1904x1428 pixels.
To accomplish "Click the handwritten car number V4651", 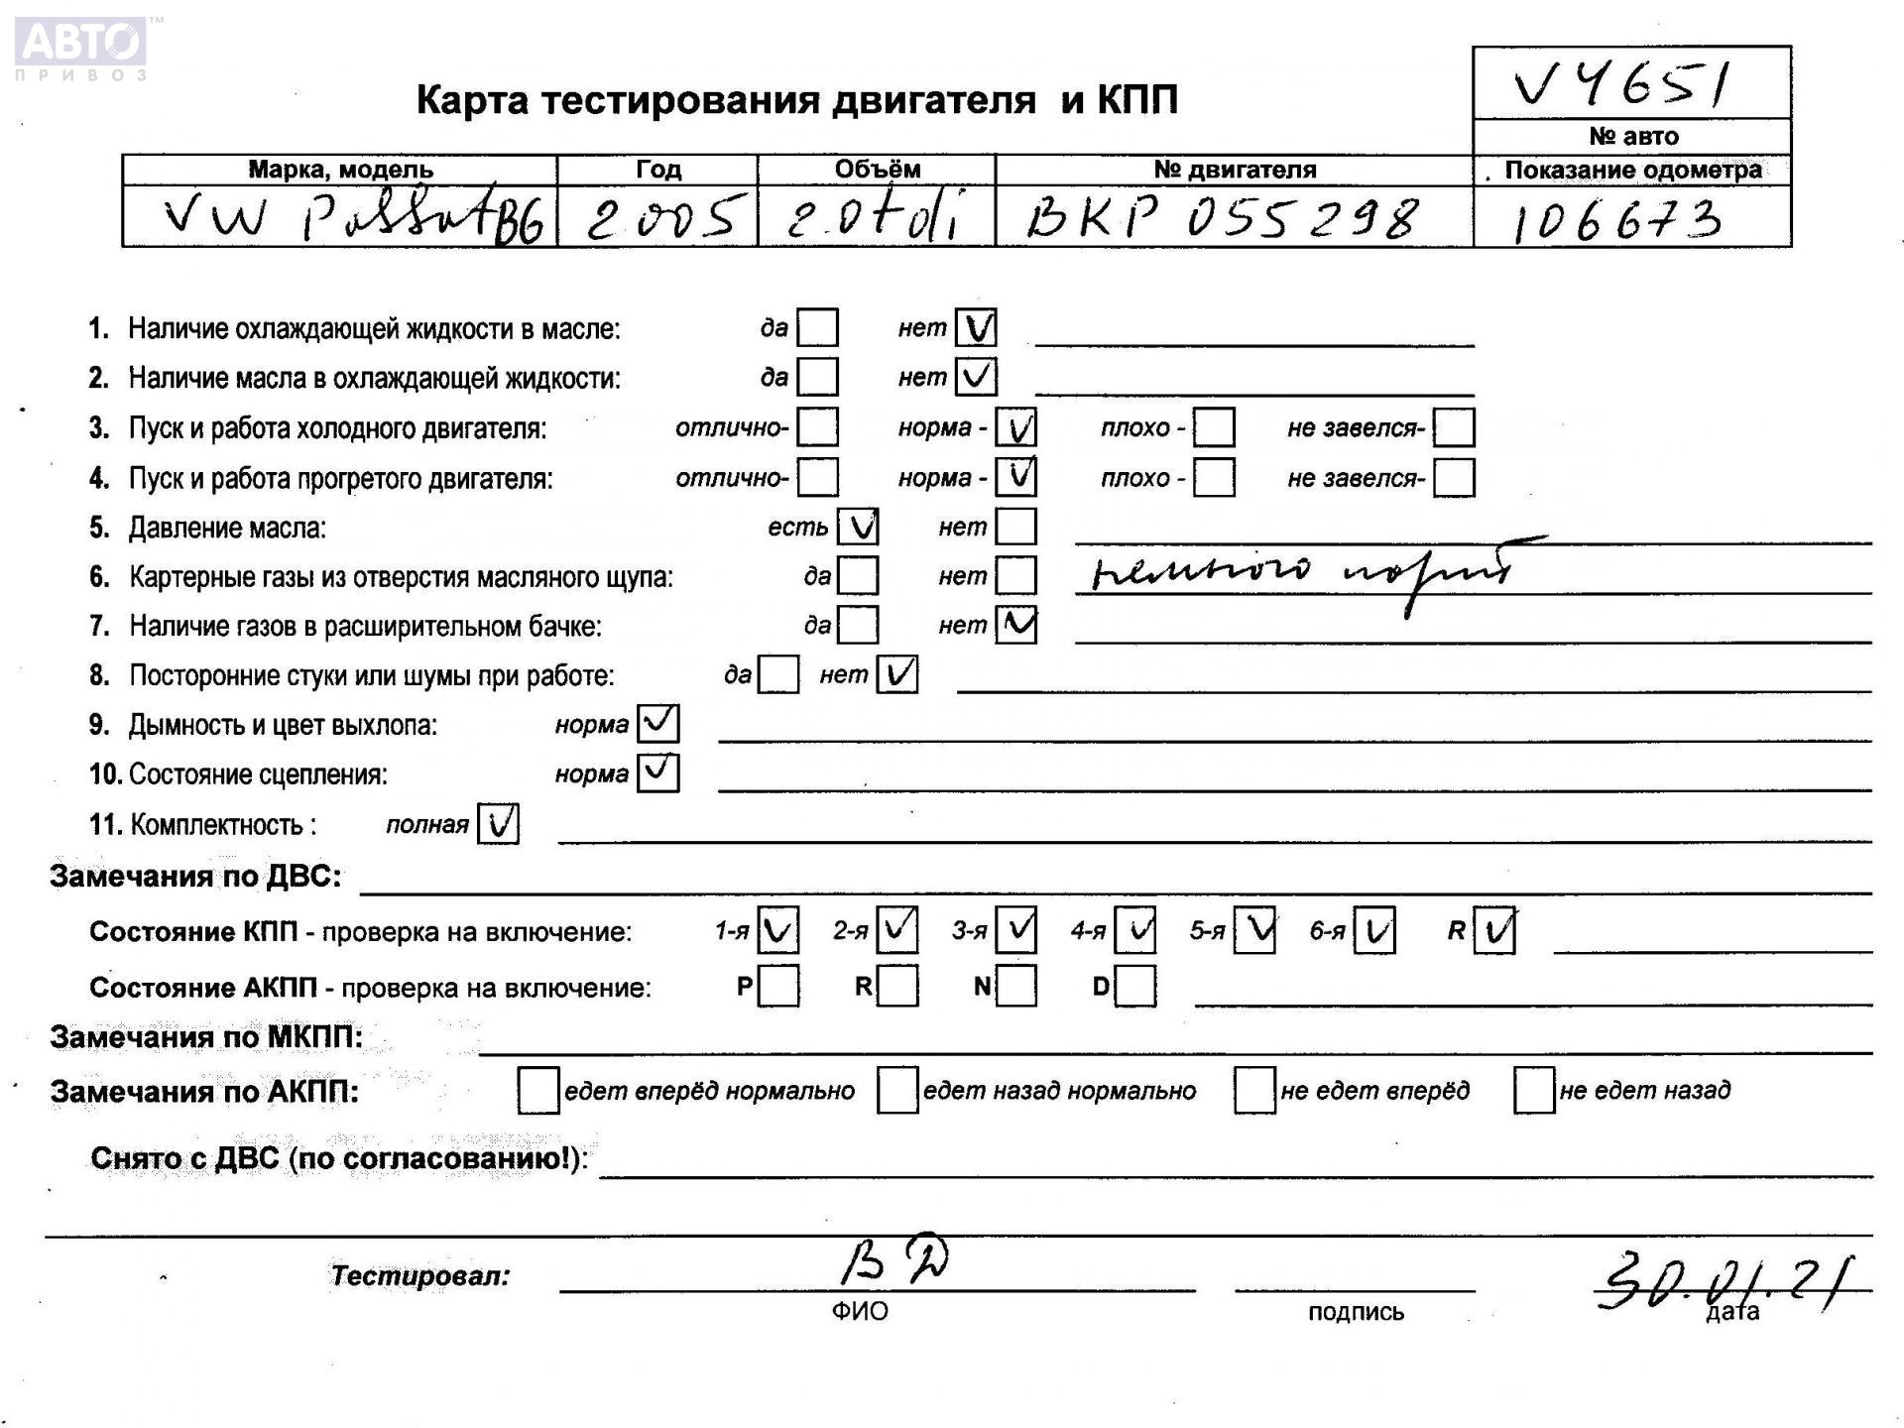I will point(1622,84).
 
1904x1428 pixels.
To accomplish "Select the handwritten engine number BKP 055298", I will point(1222,217).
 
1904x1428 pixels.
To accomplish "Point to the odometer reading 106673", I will point(1616,220).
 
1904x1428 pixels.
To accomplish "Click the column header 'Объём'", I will point(877,170).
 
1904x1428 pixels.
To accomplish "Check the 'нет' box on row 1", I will point(976,327).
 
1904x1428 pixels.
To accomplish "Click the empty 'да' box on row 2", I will point(817,377).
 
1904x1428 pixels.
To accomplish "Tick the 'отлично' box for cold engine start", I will point(817,427).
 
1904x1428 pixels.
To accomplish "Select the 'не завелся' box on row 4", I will point(1454,478).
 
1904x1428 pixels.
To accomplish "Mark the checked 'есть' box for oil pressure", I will point(858,527).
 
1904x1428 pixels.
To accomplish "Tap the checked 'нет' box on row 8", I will point(897,674).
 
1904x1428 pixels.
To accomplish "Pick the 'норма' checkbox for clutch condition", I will point(657,773).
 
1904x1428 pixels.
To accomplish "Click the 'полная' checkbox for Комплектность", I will point(498,823).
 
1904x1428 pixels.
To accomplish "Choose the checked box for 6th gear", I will point(1374,930).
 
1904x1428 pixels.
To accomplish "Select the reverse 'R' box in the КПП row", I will point(1494,930).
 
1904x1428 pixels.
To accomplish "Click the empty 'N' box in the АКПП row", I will point(1016,986).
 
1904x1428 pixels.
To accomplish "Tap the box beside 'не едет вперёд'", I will point(1254,1090).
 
